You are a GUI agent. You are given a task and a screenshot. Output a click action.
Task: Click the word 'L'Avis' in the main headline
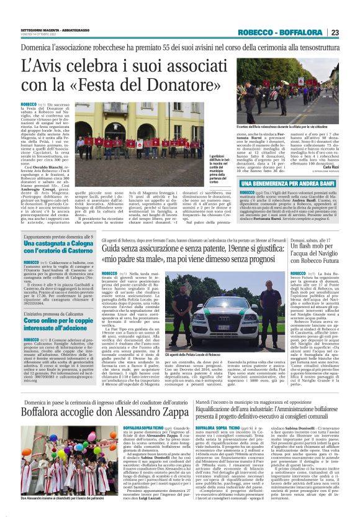coord(46,64)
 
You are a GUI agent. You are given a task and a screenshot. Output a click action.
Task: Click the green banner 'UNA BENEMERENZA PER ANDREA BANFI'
coord(289,184)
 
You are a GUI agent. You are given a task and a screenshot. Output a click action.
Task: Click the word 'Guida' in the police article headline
coord(117,249)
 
